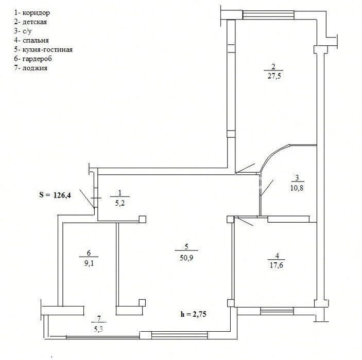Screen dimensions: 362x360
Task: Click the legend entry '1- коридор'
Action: [32, 13]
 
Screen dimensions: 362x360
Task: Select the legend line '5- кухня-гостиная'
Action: [43, 49]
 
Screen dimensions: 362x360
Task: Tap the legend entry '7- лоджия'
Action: [31, 68]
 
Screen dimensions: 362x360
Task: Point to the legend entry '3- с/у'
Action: [23, 31]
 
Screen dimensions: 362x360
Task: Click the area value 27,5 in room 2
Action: [274, 76]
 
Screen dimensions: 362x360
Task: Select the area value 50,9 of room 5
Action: [186, 258]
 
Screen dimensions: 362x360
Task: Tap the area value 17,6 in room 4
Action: [277, 265]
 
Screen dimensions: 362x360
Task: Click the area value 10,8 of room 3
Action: [297, 188]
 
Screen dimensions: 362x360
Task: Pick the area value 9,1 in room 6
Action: [89, 263]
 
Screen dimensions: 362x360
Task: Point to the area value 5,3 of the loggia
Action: [98, 329]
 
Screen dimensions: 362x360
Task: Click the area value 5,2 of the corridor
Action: [119, 203]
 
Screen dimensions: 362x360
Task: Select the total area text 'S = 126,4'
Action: [55, 195]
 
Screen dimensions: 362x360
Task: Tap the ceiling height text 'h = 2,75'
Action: [194, 314]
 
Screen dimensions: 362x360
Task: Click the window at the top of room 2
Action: [268, 15]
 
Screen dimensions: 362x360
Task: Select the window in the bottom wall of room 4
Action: [277, 311]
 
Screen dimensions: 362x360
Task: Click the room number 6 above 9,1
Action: [89, 253]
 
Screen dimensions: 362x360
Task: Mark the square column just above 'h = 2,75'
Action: [142, 302]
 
